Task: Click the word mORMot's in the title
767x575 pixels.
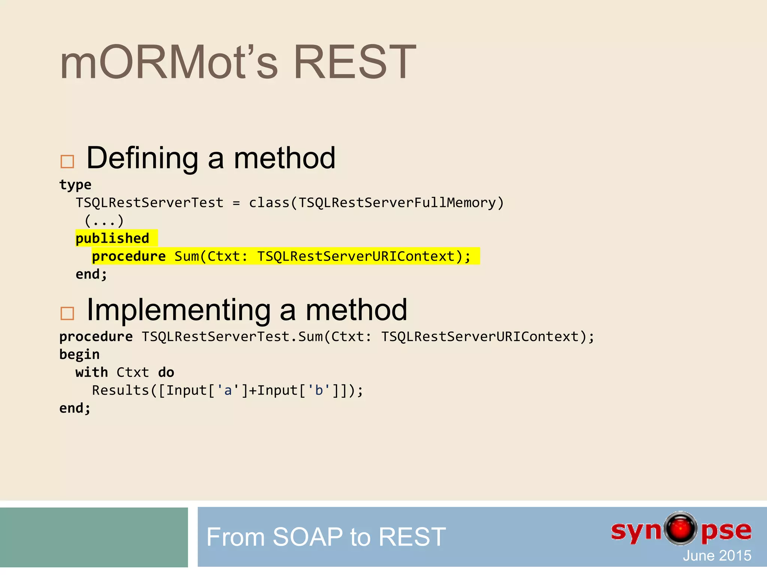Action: pyautogui.click(x=169, y=63)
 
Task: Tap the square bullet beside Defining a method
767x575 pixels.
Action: pyautogui.click(x=67, y=162)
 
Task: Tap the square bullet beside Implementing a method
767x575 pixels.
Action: pyautogui.click(x=67, y=313)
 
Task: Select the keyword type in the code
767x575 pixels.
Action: pyautogui.click(x=75, y=185)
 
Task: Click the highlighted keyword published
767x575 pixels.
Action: pyautogui.click(x=112, y=238)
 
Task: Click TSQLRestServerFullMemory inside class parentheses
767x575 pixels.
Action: pyautogui.click(x=397, y=203)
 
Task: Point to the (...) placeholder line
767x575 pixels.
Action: pyautogui.click(x=104, y=221)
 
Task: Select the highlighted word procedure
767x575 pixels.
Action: pyautogui.click(x=129, y=256)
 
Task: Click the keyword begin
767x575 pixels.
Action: pyautogui.click(x=79, y=355)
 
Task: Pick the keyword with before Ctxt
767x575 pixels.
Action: pyautogui.click(x=91, y=372)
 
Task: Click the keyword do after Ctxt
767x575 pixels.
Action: pyautogui.click(x=166, y=372)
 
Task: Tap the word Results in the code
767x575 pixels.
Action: pyautogui.click(x=121, y=390)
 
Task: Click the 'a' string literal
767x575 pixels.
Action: pyautogui.click(x=228, y=390)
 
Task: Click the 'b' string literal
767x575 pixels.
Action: pyautogui.click(x=319, y=390)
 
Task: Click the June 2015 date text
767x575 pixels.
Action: pyautogui.click(x=716, y=556)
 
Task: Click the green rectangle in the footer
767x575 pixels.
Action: pyautogui.click(x=94, y=537)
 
